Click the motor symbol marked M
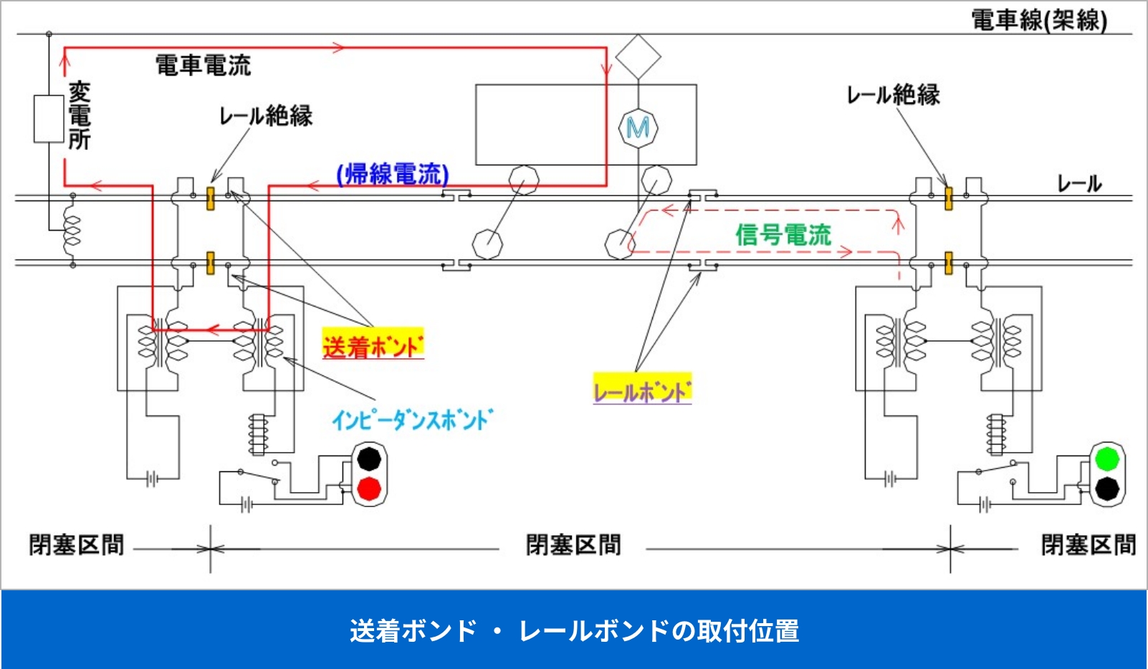tap(638, 128)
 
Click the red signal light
tap(369, 488)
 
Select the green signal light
tap(1107, 458)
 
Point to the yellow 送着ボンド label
tap(373, 347)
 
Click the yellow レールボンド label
tap(642, 391)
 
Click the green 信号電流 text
tap(783, 234)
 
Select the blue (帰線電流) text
tap(393, 174)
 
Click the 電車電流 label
tap(204, 66)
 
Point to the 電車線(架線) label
tap(1038, 20)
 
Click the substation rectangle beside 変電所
tap(49, 119)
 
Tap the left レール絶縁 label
tap(266, 116)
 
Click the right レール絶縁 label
tap(893, 95)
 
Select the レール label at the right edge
tap(1079, 184)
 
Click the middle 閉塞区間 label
tap(573, 545)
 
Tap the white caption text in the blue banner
tap(574, 631)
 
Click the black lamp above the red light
tap(369, 458)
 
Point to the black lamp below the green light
tap(1107, 488)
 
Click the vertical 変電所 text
tap(80, 116)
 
